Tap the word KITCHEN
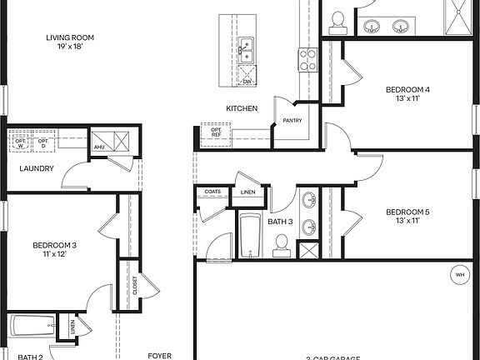click(242, 109)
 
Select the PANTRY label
click(292, 121)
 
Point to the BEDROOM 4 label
click(408, 90)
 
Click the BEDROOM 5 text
click(408, 212)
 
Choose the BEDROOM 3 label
click(55, 245)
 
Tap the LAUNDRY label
click(37, 168)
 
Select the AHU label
click(99, 147)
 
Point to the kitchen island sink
click(246, 51)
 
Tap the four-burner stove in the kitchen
click(308, 58)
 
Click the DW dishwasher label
click(247, 81)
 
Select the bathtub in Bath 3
click(250, 237)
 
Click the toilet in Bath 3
click(281, 242)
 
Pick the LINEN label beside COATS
click(247, 193)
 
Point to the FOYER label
click(159, 355)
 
